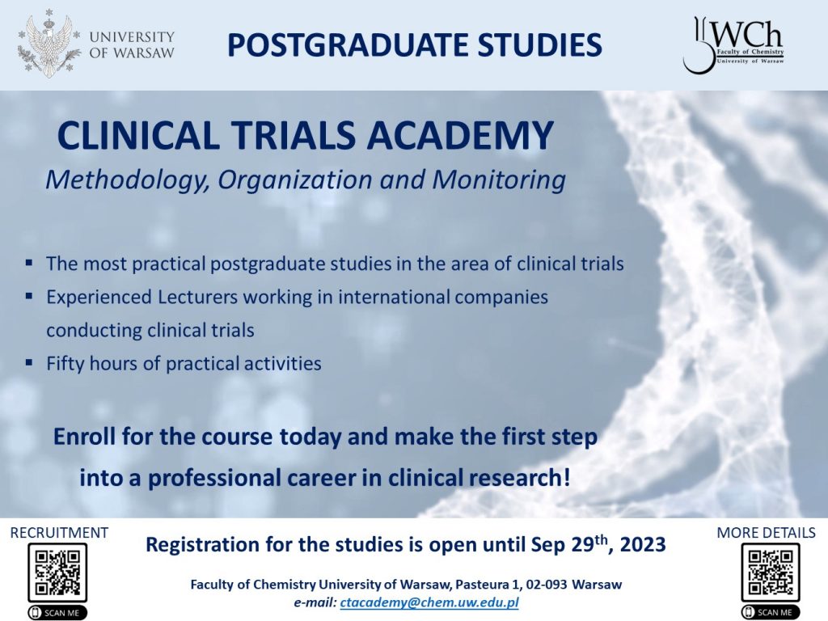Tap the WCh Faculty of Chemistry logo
733,44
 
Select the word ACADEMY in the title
460,135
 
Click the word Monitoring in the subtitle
499,180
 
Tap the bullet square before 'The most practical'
29,263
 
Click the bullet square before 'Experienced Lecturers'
29,296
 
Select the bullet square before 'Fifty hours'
29,362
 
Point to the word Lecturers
197,297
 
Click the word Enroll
84,437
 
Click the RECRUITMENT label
59,532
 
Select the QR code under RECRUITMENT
57,572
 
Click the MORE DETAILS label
766,532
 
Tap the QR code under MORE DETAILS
771,572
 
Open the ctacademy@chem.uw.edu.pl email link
429,602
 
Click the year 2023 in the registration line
643,545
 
